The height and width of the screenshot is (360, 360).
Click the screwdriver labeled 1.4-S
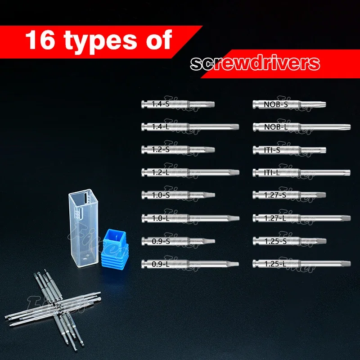(x=178, y=104)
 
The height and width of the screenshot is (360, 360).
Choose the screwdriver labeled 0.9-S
(x=178, y=241)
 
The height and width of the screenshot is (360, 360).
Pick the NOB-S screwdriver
(x=289, y=104)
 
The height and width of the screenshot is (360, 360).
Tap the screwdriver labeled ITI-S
(x=289, y=149)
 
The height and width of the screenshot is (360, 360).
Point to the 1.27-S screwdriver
(x=289, y=195)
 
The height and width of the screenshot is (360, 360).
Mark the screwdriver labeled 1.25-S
(x=289, y=241)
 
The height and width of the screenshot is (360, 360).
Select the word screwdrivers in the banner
(x=255, y=63)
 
